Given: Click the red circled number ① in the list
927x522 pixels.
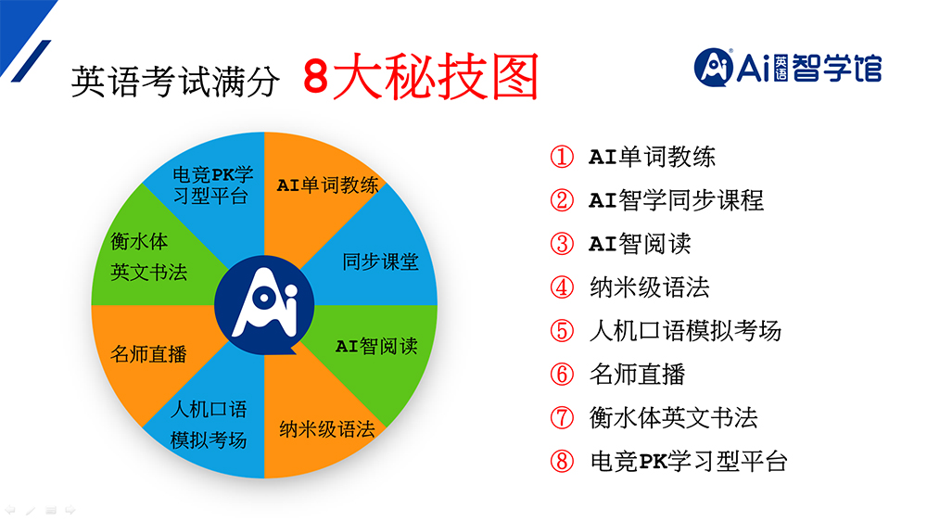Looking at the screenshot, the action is tap(562, 157).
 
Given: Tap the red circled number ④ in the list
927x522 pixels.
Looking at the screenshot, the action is tap(562, 287).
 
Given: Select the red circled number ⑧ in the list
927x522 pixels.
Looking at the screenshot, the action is tap(562, 461).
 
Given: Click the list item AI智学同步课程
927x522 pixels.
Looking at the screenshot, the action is tap(676, 200).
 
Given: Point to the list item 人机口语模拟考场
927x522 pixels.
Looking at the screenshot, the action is tap(685, 331).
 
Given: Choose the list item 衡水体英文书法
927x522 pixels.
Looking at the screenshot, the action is tap(673, 418).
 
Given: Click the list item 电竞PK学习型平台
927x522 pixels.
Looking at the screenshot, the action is tap(689, 461).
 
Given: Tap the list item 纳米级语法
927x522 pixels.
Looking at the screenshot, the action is tap(649, 287).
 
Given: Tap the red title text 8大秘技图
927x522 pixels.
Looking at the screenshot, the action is tap(420, 77).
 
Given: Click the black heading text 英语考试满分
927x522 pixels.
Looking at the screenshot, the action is tap(175, 81).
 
